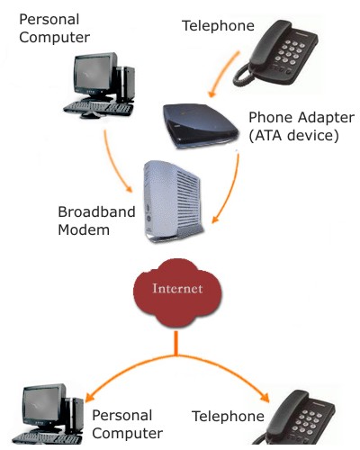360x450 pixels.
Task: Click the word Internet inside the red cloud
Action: [177, 288]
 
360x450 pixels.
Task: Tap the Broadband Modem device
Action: [174, 202]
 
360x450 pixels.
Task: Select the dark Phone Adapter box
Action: [201, 126]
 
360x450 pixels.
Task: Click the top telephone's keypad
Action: [291, 52]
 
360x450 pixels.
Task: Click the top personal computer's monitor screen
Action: [93, 73]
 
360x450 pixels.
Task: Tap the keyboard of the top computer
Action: [98, 107]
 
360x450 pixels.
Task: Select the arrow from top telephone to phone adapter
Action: [223, 75]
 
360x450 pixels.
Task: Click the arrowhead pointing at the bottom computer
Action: [89, 397]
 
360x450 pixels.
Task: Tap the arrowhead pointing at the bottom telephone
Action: [265, 397]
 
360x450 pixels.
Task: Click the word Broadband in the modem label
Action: [96, 211]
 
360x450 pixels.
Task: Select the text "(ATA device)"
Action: [293, 135]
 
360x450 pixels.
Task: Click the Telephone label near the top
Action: [218, 26]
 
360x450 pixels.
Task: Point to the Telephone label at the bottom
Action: [228, 417]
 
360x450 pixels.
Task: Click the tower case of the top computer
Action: [125, 84]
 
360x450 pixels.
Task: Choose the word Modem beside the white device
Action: [84, 230]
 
